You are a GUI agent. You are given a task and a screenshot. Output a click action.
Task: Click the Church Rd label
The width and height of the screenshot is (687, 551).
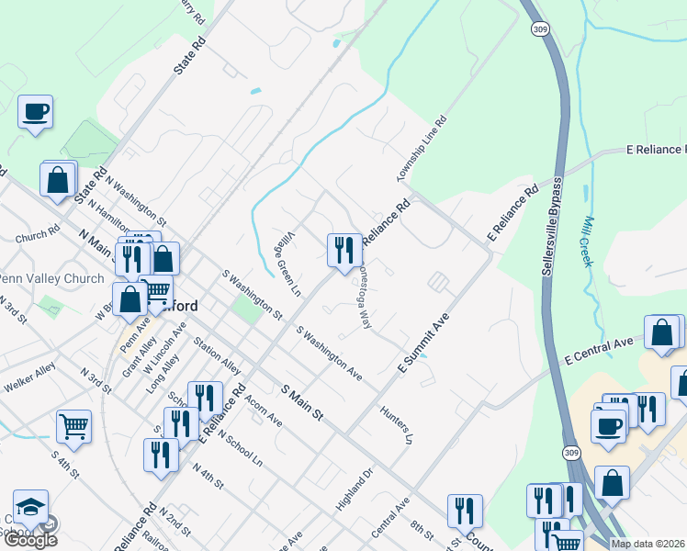[x=37, y=236]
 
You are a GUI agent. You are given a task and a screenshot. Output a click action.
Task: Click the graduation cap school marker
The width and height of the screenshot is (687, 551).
[x=30, y=508]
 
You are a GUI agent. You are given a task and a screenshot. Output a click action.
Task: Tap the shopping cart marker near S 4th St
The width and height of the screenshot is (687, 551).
[x=74, y=426]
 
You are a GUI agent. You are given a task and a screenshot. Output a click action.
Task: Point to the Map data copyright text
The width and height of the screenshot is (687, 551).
[x=648, y=544]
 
